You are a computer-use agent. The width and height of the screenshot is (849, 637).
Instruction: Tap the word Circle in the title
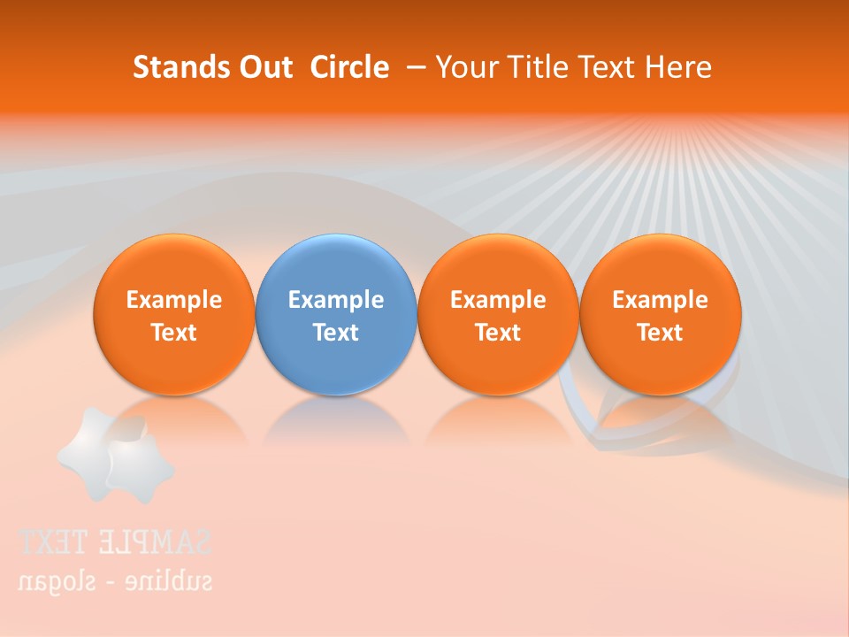coord(349,67)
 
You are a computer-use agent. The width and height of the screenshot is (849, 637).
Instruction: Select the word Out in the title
coord(263,67)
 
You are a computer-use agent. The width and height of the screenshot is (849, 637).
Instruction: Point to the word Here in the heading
coord(679,67)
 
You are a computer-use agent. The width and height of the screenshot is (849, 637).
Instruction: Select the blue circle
coord(336,315)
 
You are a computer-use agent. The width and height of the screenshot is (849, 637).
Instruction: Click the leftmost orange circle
coord(174,315)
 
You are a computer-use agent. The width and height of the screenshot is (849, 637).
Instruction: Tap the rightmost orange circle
coord(661,315)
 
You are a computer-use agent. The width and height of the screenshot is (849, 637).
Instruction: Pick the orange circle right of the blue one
coord(498,315)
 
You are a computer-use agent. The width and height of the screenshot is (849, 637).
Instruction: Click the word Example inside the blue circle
coord(336,300)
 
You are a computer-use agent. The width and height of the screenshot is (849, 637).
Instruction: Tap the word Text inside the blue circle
coord(336,333)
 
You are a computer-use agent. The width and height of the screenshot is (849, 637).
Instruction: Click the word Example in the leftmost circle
coord(174,300)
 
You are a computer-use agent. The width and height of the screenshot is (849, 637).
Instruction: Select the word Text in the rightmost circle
coord(661,333)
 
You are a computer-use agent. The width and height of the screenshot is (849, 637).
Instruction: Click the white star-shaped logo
coord(115,453)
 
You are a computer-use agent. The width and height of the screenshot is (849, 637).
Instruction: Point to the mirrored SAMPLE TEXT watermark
coord(115,542)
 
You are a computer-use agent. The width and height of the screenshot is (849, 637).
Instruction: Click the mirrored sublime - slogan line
coord(115,581)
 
